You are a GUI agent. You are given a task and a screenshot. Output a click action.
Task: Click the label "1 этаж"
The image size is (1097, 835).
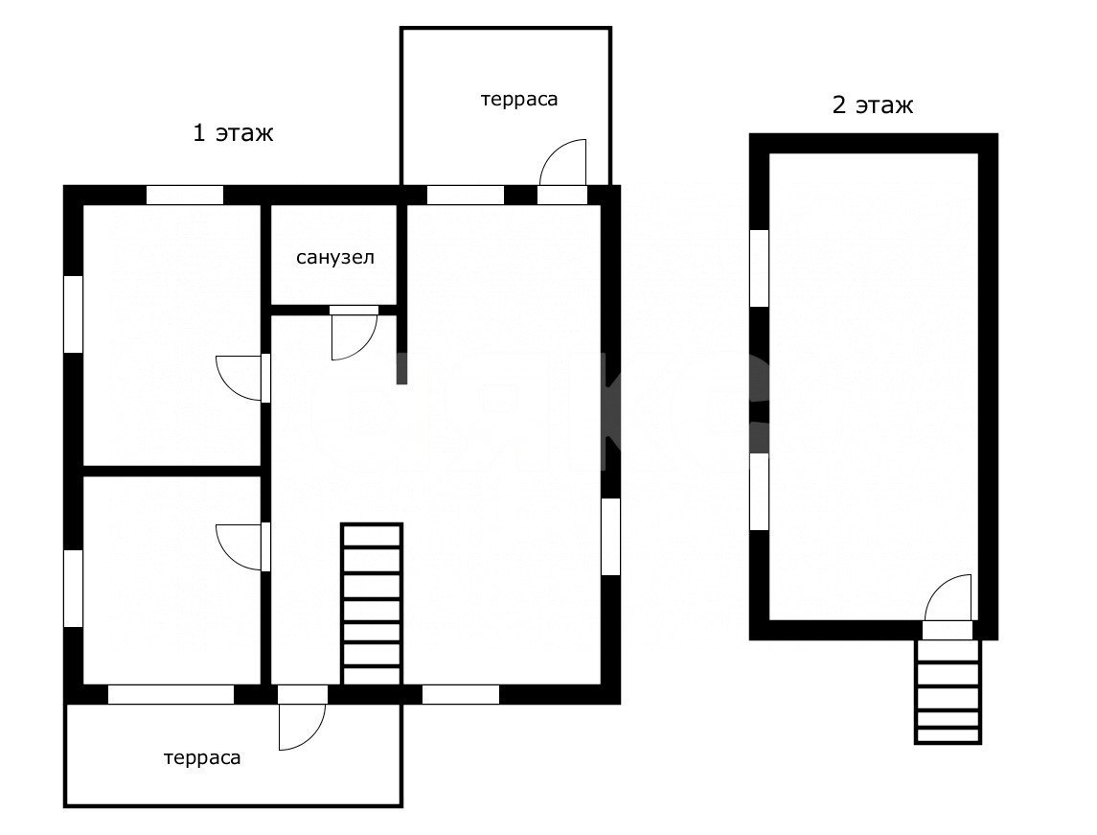click(233, 132)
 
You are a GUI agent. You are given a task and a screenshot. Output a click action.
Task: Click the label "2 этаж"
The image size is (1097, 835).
click(873, 105)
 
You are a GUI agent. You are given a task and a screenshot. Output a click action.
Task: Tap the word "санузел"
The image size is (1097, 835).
click(335, 258)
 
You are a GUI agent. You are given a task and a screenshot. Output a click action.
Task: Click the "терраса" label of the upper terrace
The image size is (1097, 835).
click(519, 100)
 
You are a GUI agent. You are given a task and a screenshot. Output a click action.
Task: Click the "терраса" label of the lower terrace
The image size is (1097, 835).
click(202, 758)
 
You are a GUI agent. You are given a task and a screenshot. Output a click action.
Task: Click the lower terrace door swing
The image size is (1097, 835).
click(312, 736)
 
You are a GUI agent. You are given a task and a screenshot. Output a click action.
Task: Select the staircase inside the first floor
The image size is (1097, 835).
click(372, 604)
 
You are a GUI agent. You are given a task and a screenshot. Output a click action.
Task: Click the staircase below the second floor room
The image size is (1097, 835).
click(948, 691)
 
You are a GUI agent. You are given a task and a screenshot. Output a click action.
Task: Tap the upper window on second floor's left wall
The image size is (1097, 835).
click(759, 268)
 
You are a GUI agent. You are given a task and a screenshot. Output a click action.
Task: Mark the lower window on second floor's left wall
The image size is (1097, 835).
click(759, 492)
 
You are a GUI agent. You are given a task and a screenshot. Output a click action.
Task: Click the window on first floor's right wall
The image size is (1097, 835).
click(610, 536)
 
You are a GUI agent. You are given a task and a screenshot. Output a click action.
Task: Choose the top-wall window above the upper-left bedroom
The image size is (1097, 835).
click(185, 196)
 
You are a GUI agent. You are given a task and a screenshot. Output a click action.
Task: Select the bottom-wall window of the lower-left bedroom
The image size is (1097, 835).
click(171, 694)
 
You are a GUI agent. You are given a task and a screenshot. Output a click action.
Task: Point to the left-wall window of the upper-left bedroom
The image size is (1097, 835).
click(74, 314)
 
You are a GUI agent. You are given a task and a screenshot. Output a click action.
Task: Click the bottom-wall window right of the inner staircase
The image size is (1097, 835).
click(460, 694)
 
